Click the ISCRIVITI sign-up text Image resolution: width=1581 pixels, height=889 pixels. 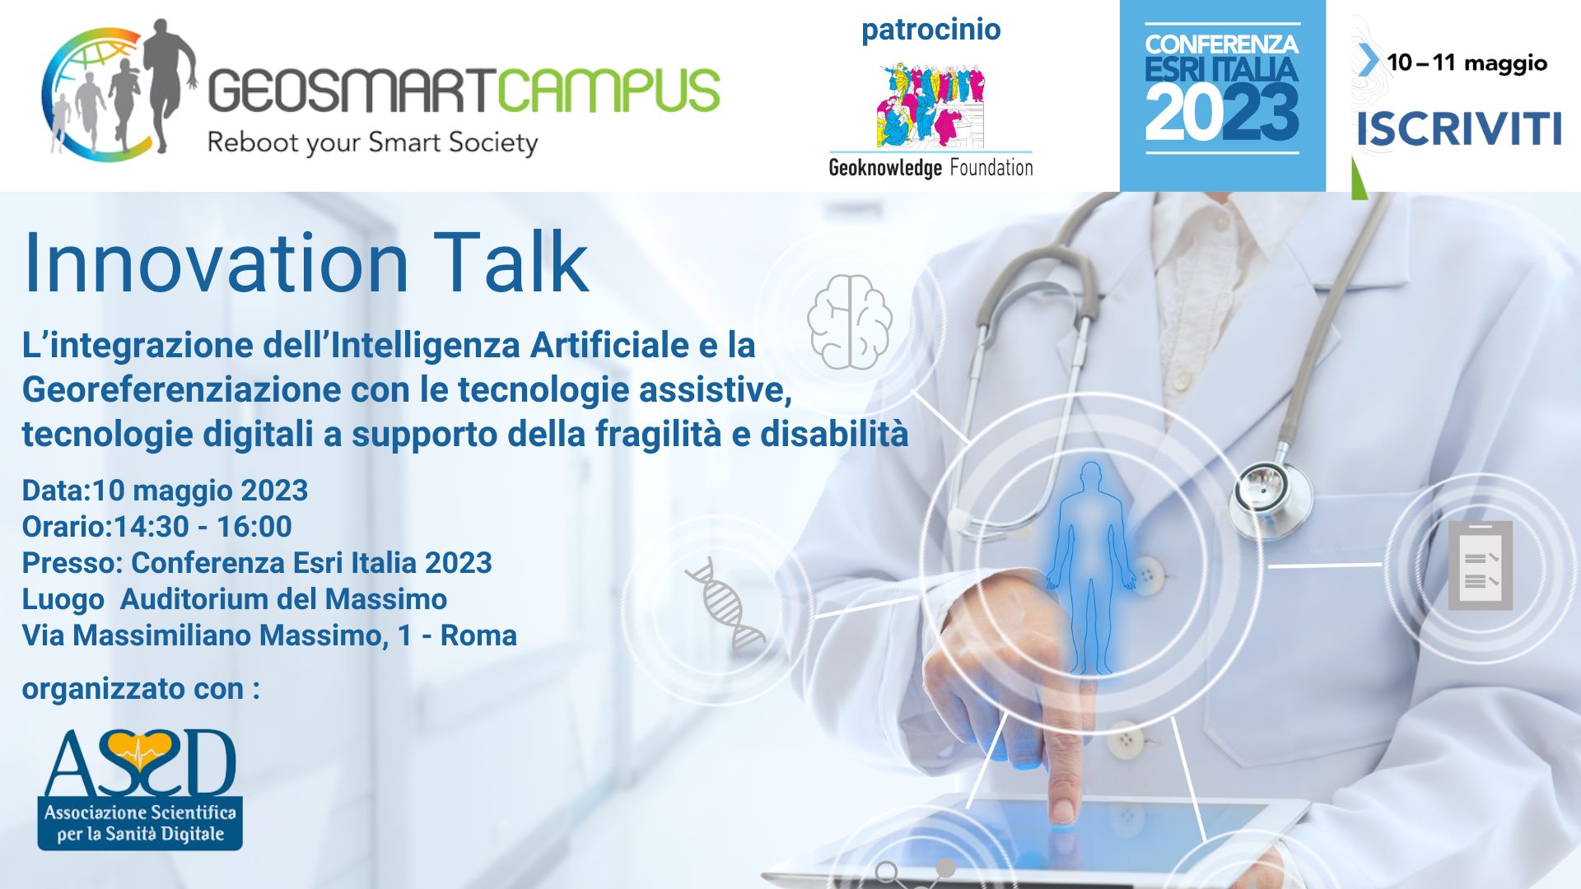[x=1458, y=129]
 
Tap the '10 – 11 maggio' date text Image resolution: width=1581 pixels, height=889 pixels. [x=1467, y=63]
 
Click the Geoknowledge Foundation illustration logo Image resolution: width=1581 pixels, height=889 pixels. [x=931, y=105]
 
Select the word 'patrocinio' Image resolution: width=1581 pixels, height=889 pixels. [x=931, y=30]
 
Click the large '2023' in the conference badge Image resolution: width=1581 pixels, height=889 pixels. [x=1222, y=114]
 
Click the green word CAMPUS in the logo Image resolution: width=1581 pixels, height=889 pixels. [x=609, y=90]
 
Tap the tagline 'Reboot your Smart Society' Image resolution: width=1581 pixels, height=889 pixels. [x=372, y=143]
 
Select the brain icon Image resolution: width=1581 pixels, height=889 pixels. [x=850, y=321]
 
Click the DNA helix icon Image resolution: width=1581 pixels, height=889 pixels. [x=725, y=605]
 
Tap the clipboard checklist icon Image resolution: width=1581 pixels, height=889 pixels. [x=1480, y=566]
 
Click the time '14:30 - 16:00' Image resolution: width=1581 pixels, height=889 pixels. [x=203, y=527]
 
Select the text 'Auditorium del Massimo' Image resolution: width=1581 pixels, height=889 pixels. [x=283, y=599]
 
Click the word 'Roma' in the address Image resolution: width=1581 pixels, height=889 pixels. [x=478, y=635]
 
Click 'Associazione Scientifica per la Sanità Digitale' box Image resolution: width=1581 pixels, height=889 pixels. [x=140, y=822]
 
